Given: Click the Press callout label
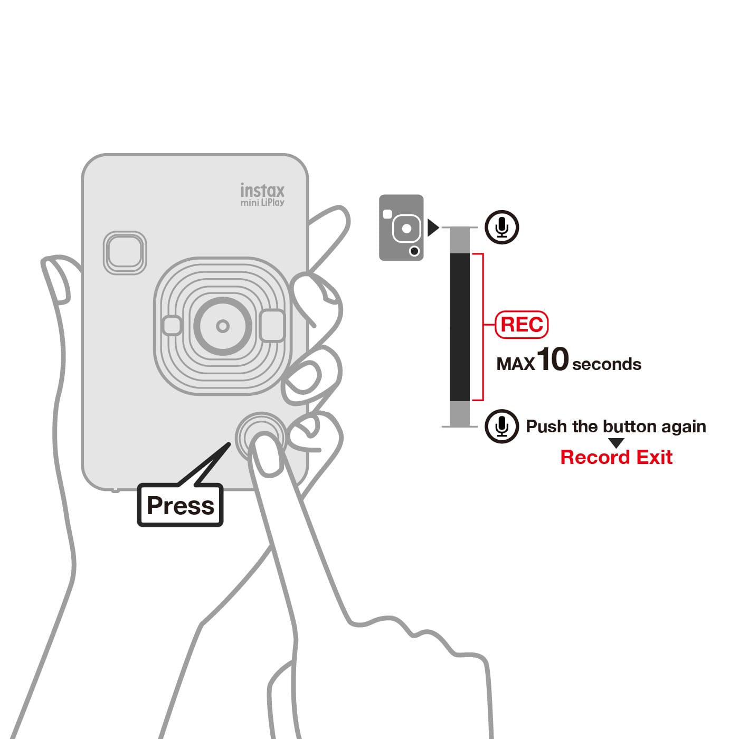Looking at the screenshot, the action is [x=180, y=505].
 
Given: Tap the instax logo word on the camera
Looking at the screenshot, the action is [x=262, y=190].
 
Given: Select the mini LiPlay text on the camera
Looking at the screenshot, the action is [x=262, y=203].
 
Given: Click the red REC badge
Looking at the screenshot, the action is [x=522, y=325].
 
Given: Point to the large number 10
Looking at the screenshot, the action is [x=552, y=359].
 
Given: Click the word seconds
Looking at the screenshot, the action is [x=607, y=364].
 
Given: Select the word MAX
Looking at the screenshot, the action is [x=515, y=364].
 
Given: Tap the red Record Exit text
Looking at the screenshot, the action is [x=617, y=457].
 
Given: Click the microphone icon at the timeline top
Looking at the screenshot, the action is [x=501, y=227].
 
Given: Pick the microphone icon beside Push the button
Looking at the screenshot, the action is [x=501, y=426].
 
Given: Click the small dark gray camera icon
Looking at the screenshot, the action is [x=401, y=228].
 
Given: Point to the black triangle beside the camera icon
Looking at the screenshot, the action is [x=433, y=228].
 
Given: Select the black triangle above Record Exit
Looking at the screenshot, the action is [x=617, y=443].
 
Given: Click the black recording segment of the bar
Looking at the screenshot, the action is [x=459, y=327].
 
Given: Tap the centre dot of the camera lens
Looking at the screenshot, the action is [x=223, y=326].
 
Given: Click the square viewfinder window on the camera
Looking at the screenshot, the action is [x=125, y=253].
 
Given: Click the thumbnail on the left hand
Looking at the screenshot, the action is [x=56, y=281].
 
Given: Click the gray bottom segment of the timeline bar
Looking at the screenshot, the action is [x=459, y=414].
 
